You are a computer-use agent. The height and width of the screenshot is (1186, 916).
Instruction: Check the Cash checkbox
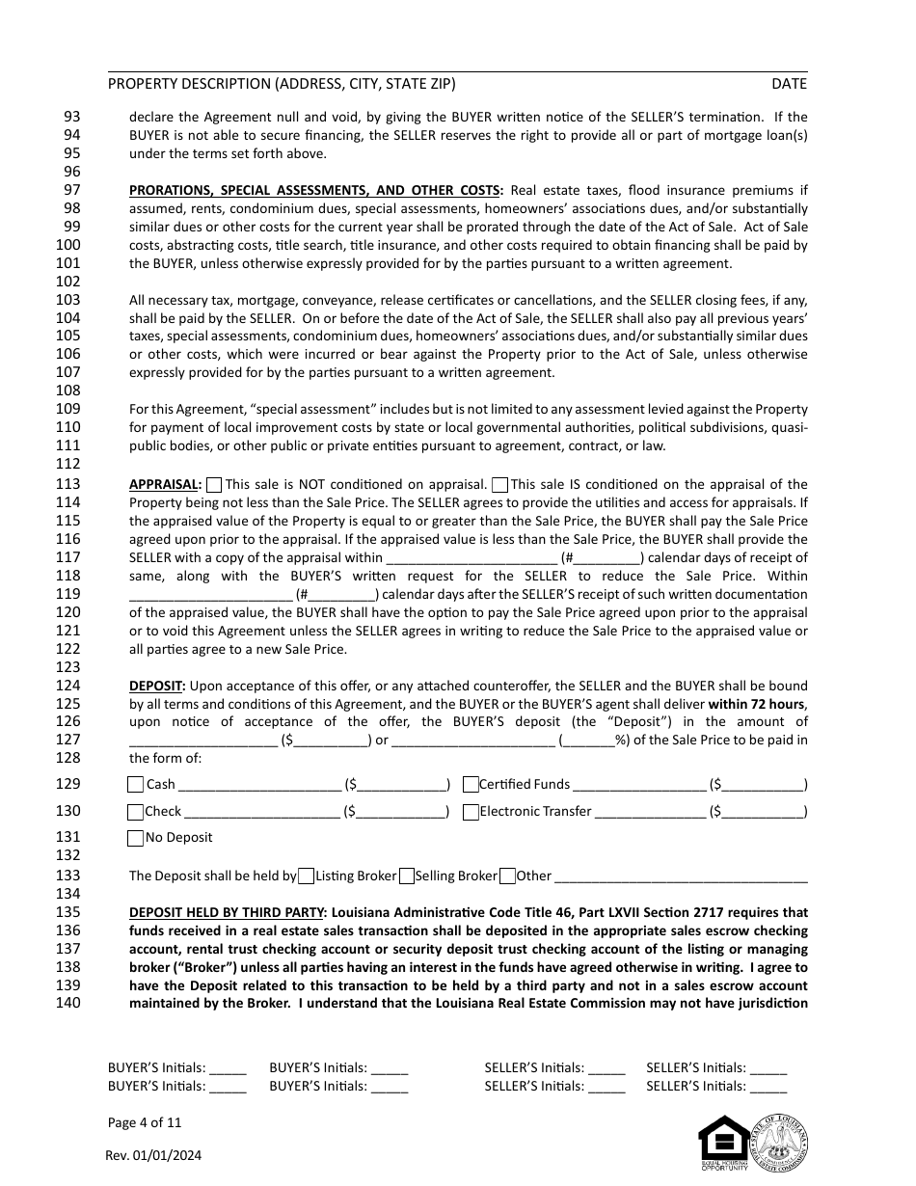tap(136, 785)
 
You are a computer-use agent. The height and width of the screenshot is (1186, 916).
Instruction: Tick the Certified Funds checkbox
tap(471, 785)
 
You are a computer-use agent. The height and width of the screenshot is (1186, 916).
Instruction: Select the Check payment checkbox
tap(136, 812)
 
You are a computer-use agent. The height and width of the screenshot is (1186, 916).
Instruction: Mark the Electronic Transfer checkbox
tap(471, 812)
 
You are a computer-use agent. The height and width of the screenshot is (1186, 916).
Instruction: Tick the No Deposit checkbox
tap(136, 838)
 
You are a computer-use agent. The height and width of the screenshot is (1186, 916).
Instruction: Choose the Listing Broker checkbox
tap(306, 876)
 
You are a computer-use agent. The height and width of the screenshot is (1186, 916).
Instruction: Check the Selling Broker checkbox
tap(407, 876)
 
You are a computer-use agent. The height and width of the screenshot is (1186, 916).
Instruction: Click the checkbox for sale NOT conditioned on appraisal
tap(214, 485)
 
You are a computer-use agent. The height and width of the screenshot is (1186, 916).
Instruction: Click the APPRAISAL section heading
tap(165, 485)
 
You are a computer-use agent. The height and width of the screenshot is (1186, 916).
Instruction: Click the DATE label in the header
tap(789, 84)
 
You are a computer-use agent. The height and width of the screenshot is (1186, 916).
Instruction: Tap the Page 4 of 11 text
tap(145, 1122)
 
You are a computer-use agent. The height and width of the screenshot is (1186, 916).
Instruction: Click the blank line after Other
tap(681, 877)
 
